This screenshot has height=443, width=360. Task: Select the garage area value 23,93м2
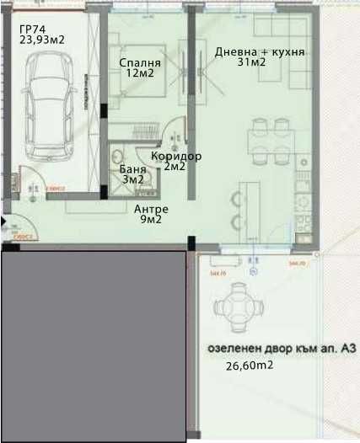coord(42,39)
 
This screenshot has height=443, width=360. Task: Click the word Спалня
coord(137,61)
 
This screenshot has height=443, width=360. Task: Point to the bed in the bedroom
coord(139,93)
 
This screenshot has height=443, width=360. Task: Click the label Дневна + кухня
coord(260,51)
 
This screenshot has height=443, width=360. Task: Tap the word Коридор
coord(176,156)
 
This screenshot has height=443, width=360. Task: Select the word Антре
coord(152,209)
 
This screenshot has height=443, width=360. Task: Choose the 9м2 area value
coord(151,220)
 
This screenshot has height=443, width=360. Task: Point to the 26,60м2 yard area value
coord(249,366)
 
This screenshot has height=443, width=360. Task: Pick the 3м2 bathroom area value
coord(133,179)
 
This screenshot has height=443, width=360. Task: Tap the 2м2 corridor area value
coord(175,167)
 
